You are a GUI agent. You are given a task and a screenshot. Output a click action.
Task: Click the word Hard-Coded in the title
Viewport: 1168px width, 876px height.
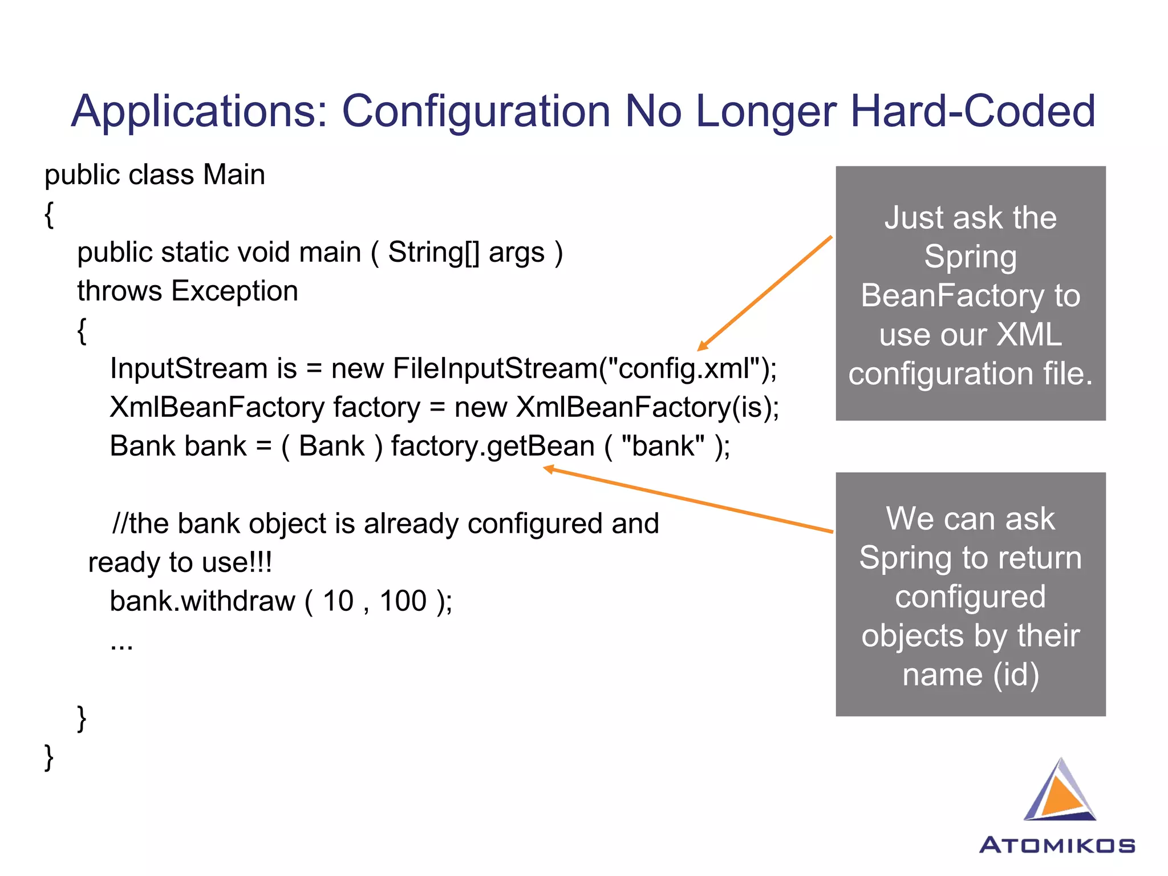coord(972,111)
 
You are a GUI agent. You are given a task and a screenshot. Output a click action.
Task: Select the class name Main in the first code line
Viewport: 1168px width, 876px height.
coord(234,175)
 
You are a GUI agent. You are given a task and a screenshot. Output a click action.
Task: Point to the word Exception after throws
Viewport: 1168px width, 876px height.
coord(234,291)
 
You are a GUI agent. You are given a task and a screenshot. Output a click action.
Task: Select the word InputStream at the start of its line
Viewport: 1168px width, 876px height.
coord(188,368)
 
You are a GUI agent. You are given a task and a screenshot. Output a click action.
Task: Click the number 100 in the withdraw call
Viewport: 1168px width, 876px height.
coord(403,601)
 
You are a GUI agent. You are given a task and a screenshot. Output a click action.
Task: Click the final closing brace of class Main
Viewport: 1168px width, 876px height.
coord(49,757)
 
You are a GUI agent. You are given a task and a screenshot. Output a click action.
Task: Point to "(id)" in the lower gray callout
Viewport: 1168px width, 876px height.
coord(1016,675)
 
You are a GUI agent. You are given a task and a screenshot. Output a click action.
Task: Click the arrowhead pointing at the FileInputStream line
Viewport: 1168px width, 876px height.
coord(702,346)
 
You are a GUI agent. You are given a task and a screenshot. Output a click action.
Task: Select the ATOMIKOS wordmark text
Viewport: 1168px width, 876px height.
coord(1057,845)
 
